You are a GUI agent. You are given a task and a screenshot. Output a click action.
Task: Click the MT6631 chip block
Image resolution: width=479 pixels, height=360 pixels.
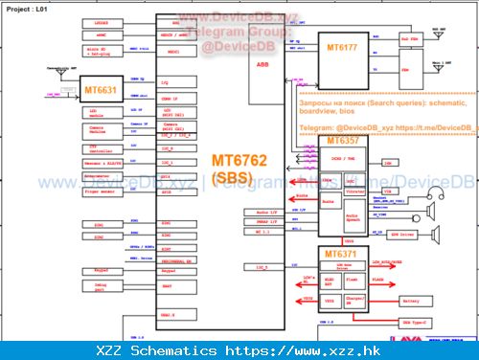tap(100, 91)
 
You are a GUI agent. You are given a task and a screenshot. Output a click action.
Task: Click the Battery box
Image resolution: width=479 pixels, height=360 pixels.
tap(411, 301)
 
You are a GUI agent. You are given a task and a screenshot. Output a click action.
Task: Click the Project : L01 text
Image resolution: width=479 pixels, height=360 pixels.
tap(30, 8)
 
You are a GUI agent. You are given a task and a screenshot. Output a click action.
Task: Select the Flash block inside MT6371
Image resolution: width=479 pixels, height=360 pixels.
tap(353, 281)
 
